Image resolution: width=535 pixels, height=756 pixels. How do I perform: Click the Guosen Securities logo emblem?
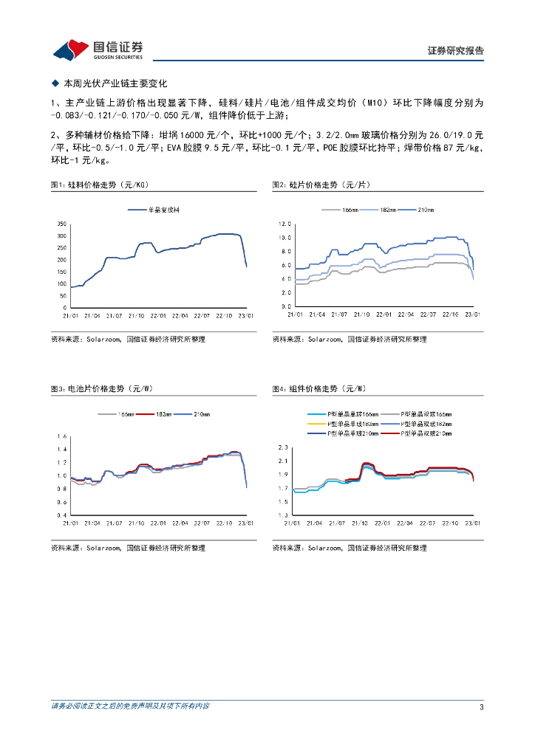point(70,49)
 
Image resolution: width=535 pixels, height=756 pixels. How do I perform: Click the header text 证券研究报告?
point(455,51)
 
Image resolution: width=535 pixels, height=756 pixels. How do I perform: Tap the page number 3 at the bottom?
point(481,707)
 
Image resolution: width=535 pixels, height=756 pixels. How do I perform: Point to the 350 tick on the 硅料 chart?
point(62,224)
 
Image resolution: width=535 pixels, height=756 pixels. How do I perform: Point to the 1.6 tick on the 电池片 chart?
point(62,436)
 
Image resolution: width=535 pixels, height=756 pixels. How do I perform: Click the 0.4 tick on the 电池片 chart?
point(62,515)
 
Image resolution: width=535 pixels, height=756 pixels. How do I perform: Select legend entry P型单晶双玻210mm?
point(426,433)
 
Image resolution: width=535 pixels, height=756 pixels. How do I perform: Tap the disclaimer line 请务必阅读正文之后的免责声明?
point(130,707)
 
